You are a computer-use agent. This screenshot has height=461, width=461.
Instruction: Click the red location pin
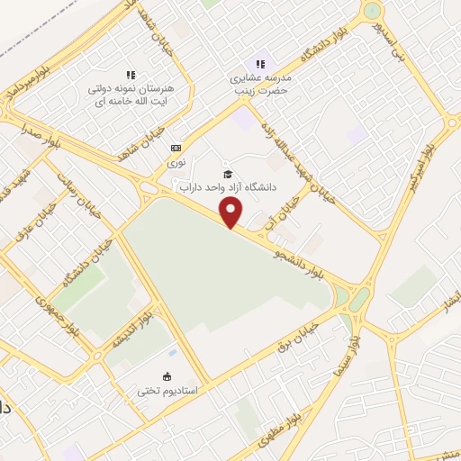pos(231,212)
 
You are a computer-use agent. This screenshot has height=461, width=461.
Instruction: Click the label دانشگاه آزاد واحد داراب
pos(228,188)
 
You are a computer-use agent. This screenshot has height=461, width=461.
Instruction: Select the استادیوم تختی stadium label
pos(167,391)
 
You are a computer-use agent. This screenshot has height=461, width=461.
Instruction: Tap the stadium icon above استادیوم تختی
pos(167,376)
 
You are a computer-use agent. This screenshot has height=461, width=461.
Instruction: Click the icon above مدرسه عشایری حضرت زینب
pos(260,63)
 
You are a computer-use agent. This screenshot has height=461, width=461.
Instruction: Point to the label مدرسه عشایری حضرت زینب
pos(260,83)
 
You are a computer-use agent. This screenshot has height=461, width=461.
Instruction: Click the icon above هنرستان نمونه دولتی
pos(131,75)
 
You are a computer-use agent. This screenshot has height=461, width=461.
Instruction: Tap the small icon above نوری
pos(176,148)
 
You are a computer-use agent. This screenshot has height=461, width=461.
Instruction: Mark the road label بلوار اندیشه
pos(128,328)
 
